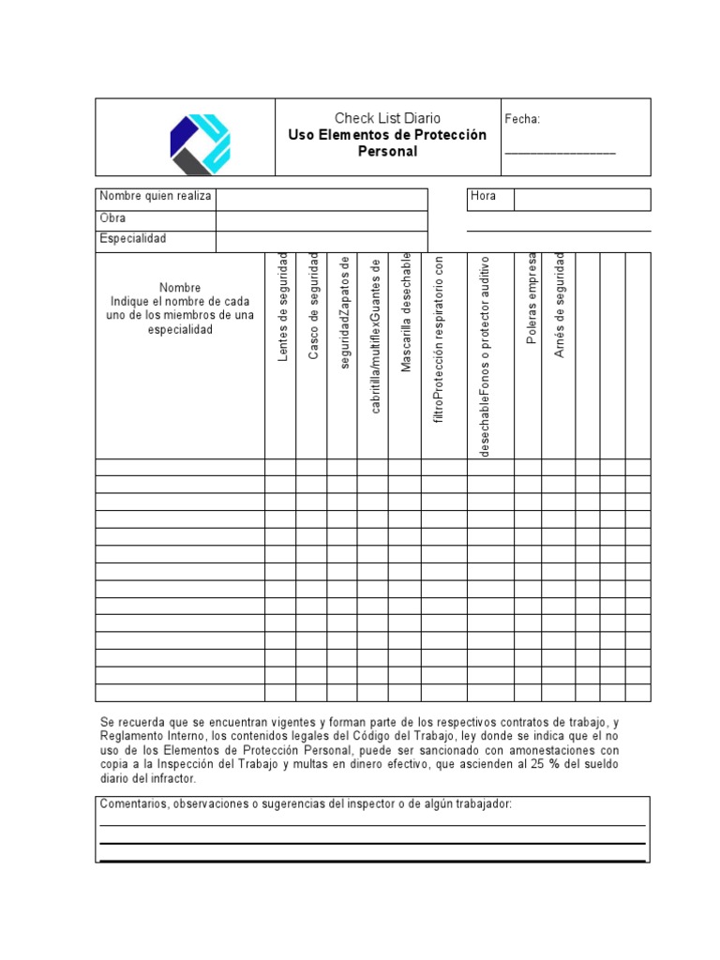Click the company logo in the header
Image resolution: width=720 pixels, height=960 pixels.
click(x=200, y=143)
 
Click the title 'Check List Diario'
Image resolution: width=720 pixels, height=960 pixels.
click(x=387, y=118)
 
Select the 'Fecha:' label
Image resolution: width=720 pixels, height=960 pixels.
click(x=522, y=119)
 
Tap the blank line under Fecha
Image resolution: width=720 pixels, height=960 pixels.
click(x=561, y=152)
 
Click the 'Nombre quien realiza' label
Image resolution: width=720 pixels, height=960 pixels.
click(x=156, y=197)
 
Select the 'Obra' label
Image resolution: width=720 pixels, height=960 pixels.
click(x=112, y=218)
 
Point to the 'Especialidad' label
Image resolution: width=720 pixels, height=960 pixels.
click(x=132, y=239)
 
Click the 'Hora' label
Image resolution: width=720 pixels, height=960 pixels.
click(x=484, y=197)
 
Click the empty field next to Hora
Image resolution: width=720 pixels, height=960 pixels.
click(x=581, y=199)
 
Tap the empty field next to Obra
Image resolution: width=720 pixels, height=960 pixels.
click(x=322, y=220)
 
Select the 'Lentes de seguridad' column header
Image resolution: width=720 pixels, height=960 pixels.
click(x=281, y=307)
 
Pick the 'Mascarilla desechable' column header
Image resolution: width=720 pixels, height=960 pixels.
click(x=406, y=312)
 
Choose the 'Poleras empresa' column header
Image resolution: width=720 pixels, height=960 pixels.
click(x=532, y=299)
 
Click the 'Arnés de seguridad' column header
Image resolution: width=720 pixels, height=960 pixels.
click(x=560, y=305)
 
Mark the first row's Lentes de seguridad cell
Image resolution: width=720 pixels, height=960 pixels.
click(x=280, y=467)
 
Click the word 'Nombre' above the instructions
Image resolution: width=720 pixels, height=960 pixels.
click(x=179, y=288)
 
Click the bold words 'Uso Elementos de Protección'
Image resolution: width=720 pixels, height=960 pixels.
click(x=387, y=135)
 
